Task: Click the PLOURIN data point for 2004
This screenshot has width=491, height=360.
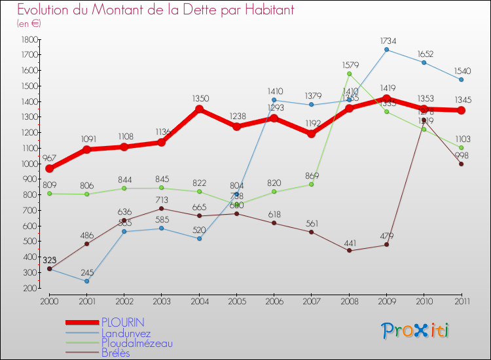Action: [200, 109]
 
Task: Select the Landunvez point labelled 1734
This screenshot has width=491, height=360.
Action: [386, 50]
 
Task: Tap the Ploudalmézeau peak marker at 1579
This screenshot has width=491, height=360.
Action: [349, 73]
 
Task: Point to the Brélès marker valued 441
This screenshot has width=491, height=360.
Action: [349, 251]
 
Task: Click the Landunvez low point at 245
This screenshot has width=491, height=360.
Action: [86, 281]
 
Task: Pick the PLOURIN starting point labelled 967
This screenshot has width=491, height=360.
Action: [49, 169]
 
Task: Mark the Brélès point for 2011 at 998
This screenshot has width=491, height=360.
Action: [462, 164]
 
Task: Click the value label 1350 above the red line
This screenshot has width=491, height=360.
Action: [200, 98]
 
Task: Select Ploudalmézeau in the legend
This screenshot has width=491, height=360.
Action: [137, 343]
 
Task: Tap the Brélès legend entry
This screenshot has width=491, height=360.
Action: [115, 353]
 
